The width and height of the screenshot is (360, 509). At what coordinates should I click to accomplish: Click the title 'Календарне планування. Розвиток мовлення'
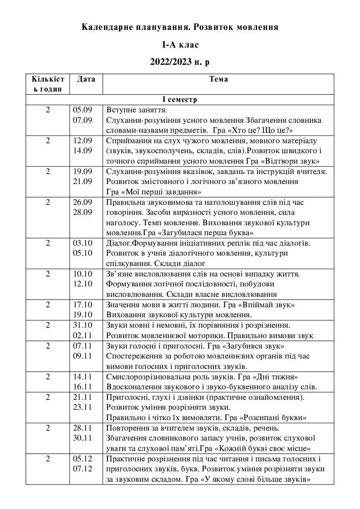pos(180,27)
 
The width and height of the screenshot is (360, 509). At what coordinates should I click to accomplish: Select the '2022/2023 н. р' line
pos(180,62)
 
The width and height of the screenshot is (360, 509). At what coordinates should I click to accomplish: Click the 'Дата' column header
pos(86,79)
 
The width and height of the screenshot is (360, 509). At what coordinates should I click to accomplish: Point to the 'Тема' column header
pos(219,79)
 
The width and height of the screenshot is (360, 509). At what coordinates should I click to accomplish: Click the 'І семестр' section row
pos(180,99)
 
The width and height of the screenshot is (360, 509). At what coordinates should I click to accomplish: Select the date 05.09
pos(83,110)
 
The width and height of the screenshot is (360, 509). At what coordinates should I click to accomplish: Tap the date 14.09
pos(83,150)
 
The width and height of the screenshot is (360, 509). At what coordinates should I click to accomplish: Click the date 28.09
pos(83,213)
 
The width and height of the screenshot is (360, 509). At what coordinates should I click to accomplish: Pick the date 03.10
pos(83,243)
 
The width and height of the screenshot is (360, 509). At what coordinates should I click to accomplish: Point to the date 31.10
pos(83,326)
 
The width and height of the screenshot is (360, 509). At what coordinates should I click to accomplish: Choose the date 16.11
pos(83,387)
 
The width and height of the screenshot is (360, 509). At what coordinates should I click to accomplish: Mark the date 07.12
pos(83,469)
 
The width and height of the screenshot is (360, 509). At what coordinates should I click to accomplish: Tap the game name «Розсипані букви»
pos(269,417)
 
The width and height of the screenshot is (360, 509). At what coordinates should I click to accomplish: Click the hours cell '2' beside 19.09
pos(49,171)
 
